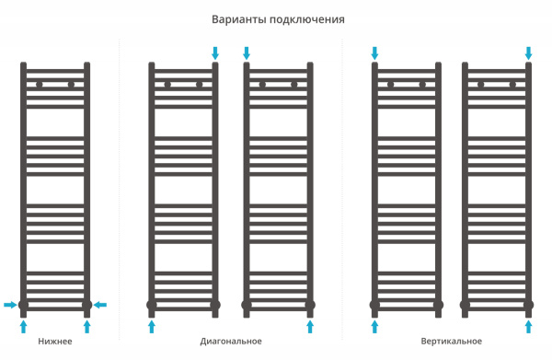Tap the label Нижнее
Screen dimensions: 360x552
(55, 342)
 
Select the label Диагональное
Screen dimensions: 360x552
(231, 342)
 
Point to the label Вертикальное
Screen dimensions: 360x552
(452, 342)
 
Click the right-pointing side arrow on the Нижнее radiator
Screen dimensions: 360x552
(10, 305)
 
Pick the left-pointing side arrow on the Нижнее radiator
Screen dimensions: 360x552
(100, 305)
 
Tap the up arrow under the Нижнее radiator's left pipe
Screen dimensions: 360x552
(24, 325)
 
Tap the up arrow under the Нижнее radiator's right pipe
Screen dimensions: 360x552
(87, 325)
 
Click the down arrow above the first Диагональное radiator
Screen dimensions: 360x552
(215, 52)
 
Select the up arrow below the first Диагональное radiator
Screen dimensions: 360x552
(152, 325)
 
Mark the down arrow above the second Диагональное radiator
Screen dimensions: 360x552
(247, 52)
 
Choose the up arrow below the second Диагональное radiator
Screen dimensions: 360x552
(310, 325)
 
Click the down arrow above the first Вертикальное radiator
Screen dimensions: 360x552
(374, 52)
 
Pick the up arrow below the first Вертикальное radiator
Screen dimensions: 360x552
(374, 325)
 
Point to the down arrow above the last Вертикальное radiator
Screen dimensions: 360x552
(529, 52)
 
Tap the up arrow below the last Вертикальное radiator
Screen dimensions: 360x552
(529, 325)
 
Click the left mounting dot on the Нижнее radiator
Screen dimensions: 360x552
(40, 85)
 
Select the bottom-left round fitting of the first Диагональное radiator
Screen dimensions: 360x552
(152, 305)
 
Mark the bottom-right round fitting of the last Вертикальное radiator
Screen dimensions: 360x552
(529, 305)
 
